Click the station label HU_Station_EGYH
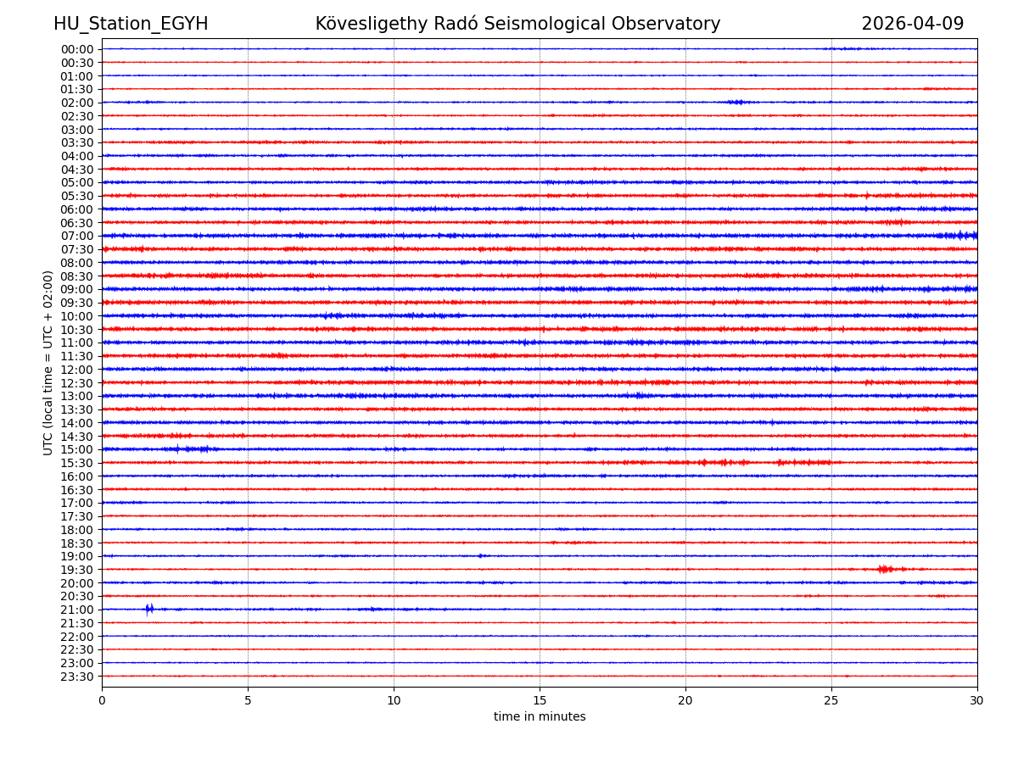131,25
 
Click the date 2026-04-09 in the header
912,25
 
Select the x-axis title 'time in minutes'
540,717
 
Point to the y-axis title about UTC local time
49,363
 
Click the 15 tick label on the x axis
540,701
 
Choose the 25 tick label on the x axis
831,701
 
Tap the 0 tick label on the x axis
102,701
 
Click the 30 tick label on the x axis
977,701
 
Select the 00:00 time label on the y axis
77,49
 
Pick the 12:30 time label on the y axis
77,383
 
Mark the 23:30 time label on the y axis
77,677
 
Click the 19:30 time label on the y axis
77,570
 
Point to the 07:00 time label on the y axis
77,236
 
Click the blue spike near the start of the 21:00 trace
149,609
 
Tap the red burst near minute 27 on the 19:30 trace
885,569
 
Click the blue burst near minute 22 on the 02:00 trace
736,102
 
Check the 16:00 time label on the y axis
77,476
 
